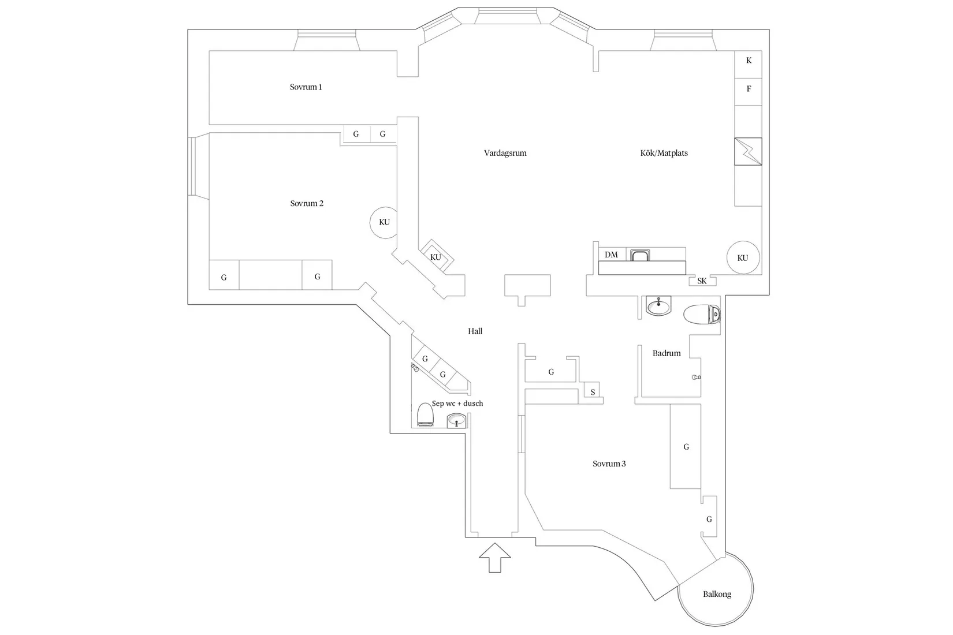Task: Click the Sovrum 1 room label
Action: click(306, 87)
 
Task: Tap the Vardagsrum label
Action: click(505, 153)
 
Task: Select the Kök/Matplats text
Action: click(664, 153)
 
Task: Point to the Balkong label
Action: click(717, 594)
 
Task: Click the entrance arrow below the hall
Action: click(495, 558)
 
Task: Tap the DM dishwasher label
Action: click(611, 255)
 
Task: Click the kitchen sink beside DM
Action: click(640, 255)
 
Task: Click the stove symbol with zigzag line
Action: click(748, 151)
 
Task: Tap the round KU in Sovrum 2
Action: click(384, 222)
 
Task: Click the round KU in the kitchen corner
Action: click(743, 257)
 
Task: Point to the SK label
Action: click(702, 281)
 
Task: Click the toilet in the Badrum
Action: click(702, 314)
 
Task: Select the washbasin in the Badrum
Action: click(658, 306)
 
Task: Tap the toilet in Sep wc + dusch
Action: click(425, 414)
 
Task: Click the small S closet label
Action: click(593, 392)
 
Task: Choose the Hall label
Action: click(475, 331)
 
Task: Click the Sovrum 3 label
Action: click(609, 464)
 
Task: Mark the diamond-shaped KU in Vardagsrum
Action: click(436, 256)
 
